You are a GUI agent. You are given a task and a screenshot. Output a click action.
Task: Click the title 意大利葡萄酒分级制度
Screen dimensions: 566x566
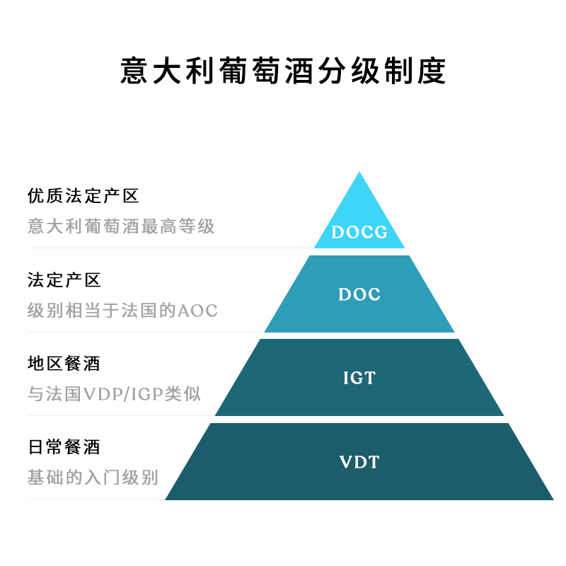tap(283, 71)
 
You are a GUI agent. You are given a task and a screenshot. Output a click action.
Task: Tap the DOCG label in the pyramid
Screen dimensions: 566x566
tap(359, 232)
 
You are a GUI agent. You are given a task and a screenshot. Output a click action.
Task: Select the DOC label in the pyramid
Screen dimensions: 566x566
tap(359, 294)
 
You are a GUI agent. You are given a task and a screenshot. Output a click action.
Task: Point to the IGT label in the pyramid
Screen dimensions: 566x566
tap(359, 378)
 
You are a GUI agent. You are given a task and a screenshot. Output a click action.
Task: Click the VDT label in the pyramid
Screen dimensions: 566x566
tap(359, 463)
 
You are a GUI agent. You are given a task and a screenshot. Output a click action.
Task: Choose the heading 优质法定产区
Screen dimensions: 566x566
tap(83, 195)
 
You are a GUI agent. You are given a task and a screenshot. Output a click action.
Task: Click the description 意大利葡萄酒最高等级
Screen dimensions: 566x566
tap(121, 226)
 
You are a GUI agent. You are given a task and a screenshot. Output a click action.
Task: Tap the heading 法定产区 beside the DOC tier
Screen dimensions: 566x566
tap(64, 279)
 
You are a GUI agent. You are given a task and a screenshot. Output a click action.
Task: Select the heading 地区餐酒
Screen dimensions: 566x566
tap(64, 364)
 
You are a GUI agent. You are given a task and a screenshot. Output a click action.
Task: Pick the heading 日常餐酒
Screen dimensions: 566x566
tap(64, 447)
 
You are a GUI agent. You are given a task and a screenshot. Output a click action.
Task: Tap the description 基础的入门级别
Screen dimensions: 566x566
tap(93, 478)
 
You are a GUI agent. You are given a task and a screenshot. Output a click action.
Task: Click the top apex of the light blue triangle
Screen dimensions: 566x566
tap(359, 173)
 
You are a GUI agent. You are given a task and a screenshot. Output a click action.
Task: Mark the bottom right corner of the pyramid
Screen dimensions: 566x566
tap(552, 499)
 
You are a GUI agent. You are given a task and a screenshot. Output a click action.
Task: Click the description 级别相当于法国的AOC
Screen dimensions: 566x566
tap(122, 311)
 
